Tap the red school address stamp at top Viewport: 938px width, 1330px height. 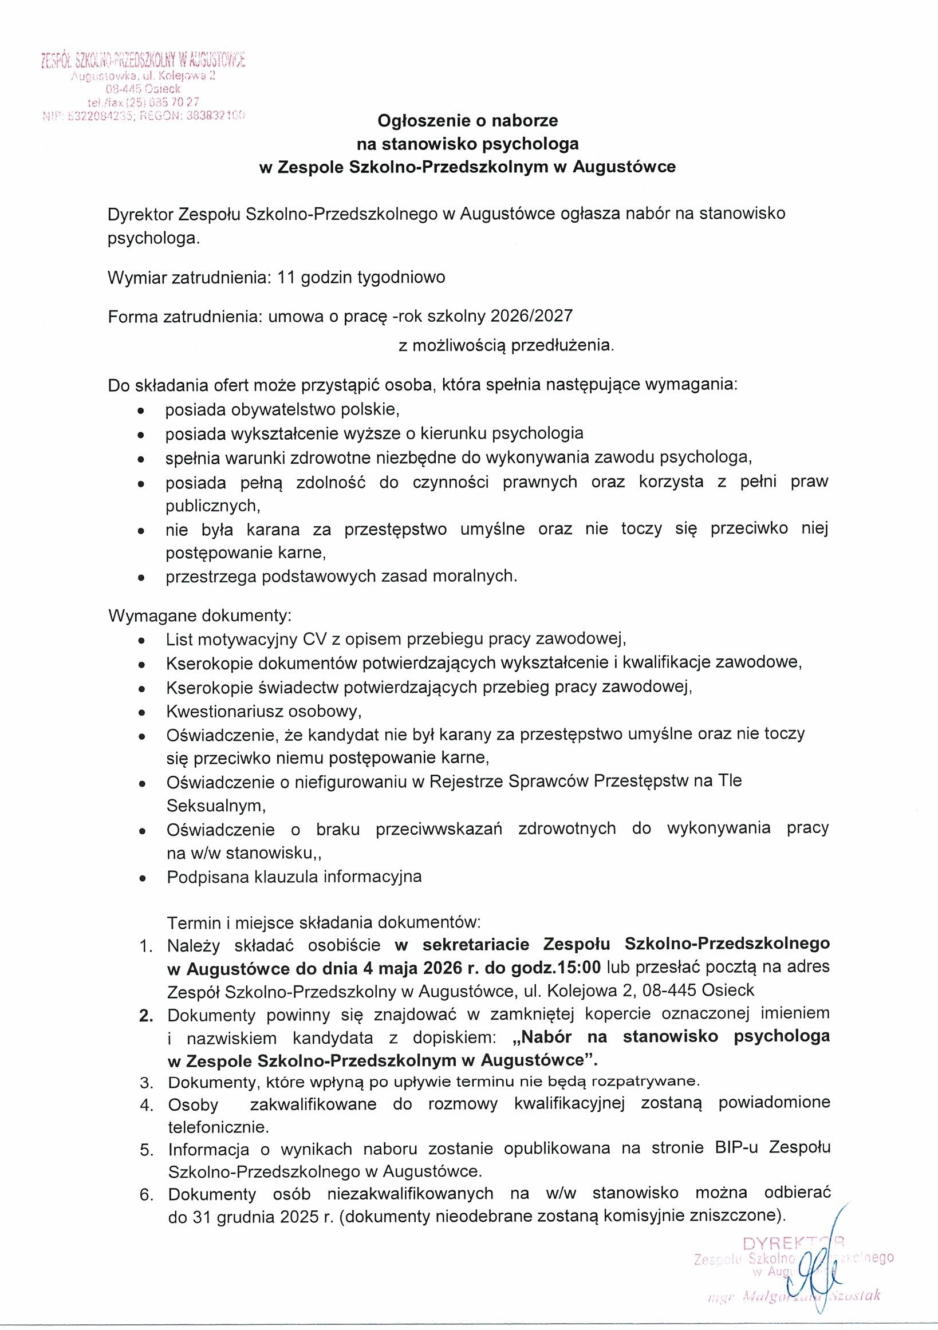pyautogui.click(x=143, y=87)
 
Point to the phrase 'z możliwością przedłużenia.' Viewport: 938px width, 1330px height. pyautogui.click(x=506, y=346)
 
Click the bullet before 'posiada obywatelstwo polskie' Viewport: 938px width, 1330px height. pyautogui.click(x=141, y=411)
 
